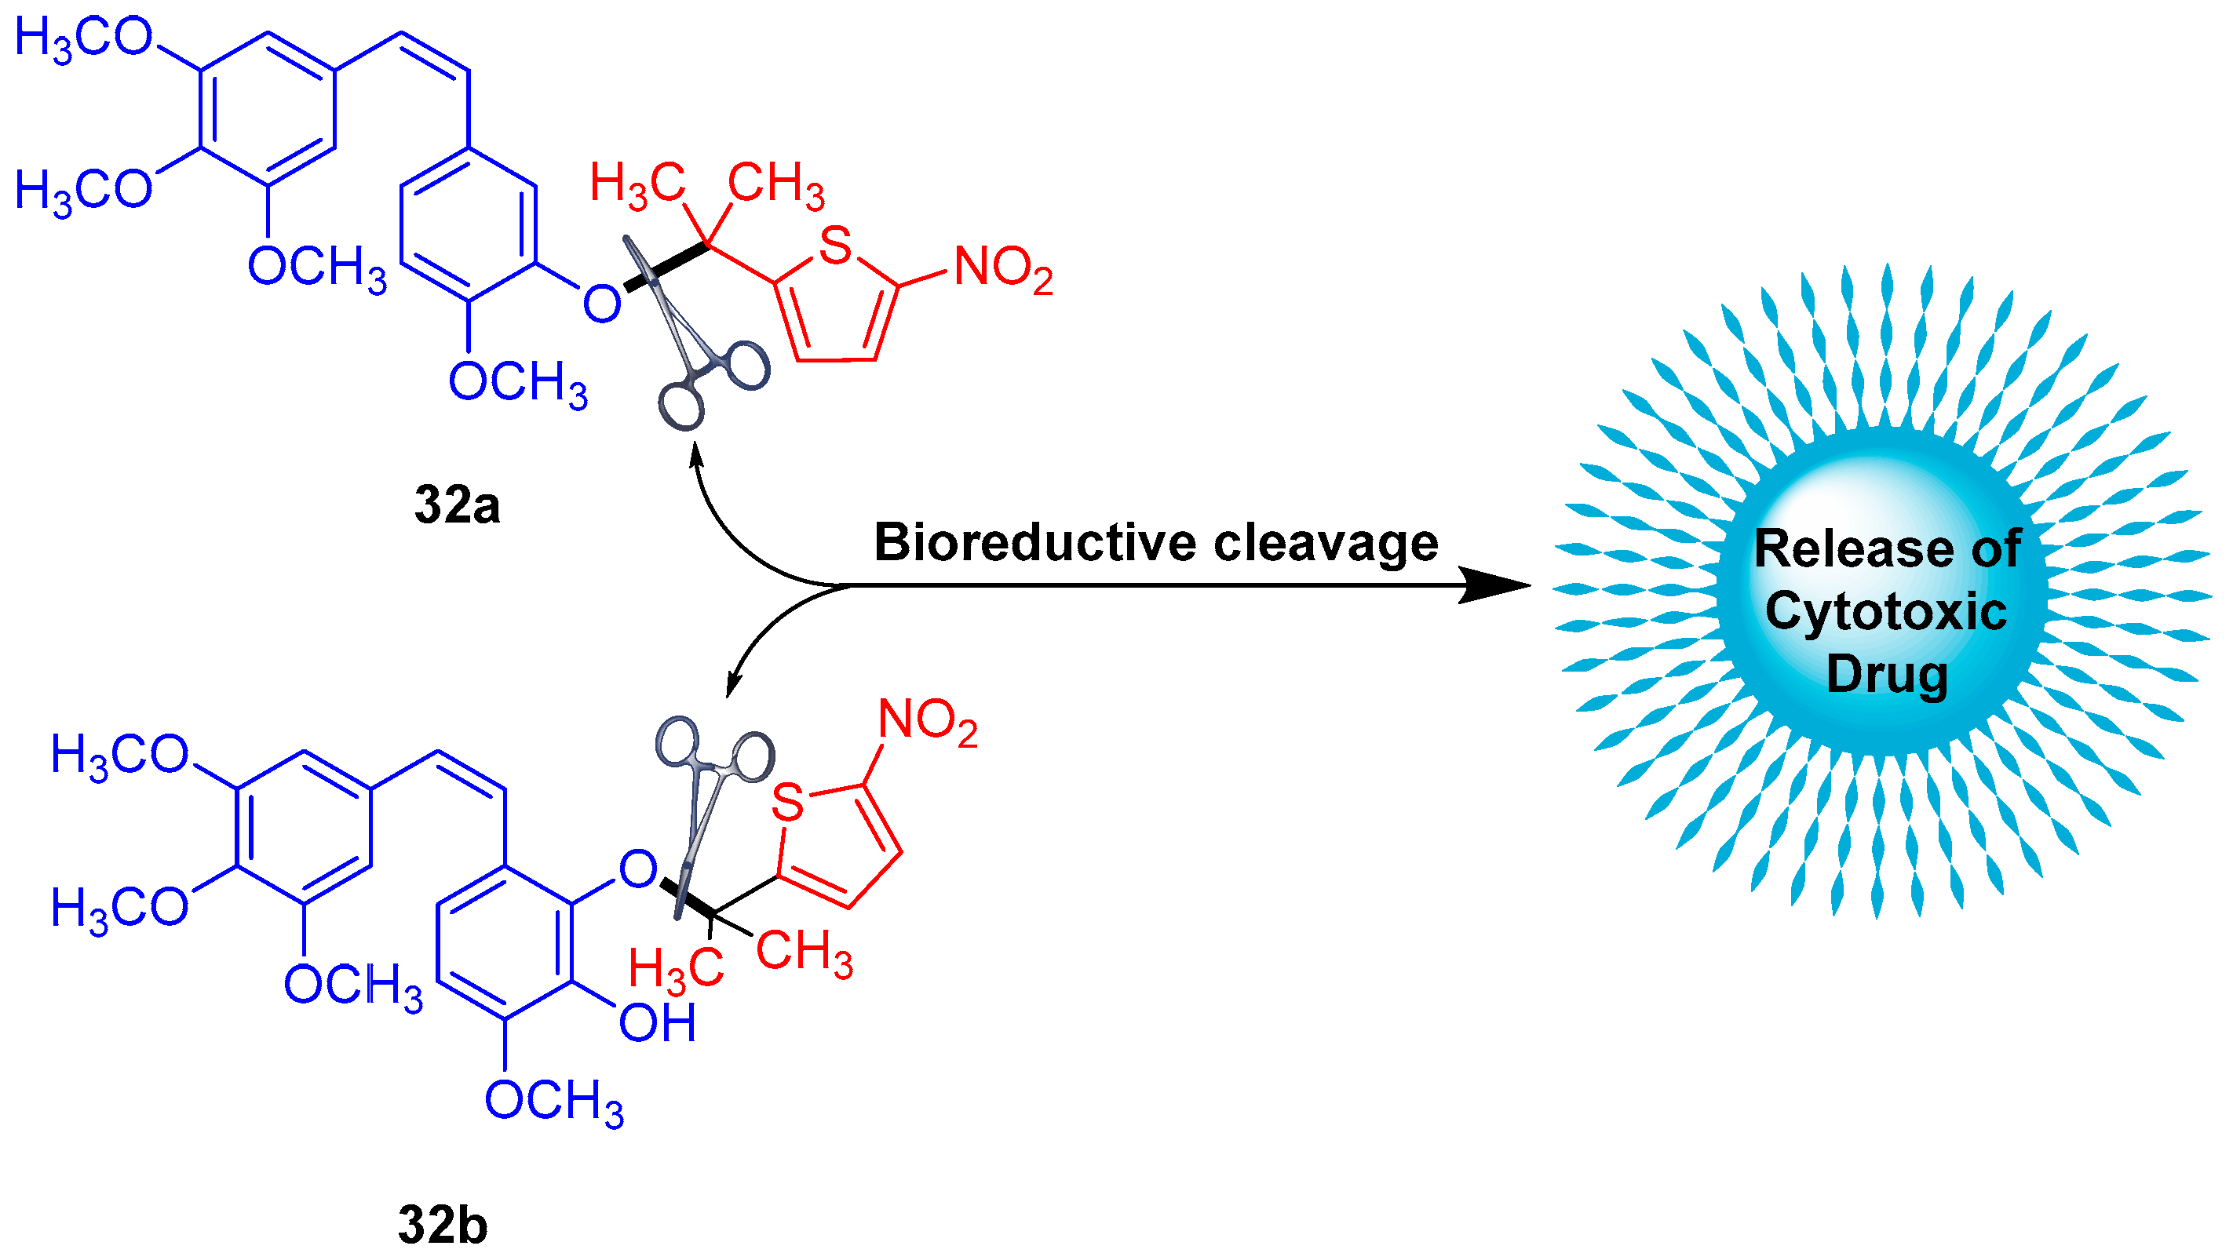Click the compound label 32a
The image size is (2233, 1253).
[x=457, y=504]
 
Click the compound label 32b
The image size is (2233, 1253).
[x=443, y=1225]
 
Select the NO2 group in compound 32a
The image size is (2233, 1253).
[x=1003, y=268]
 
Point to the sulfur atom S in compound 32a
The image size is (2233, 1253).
[x=835, y=246]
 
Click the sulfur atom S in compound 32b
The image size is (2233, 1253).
[x=787, y=803]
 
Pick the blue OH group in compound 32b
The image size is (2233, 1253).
[x=657, y=1023]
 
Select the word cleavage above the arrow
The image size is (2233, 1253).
[x=1326, y=543]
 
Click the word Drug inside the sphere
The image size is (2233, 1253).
[x=1886, y=675]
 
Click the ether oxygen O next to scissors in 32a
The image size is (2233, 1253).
[x=600, y=304]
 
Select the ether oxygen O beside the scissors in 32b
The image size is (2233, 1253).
[x=638, y=869]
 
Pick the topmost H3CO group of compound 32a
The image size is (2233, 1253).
[x=83, y=39]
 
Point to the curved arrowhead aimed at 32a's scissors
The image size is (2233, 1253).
[x=695, y=453]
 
